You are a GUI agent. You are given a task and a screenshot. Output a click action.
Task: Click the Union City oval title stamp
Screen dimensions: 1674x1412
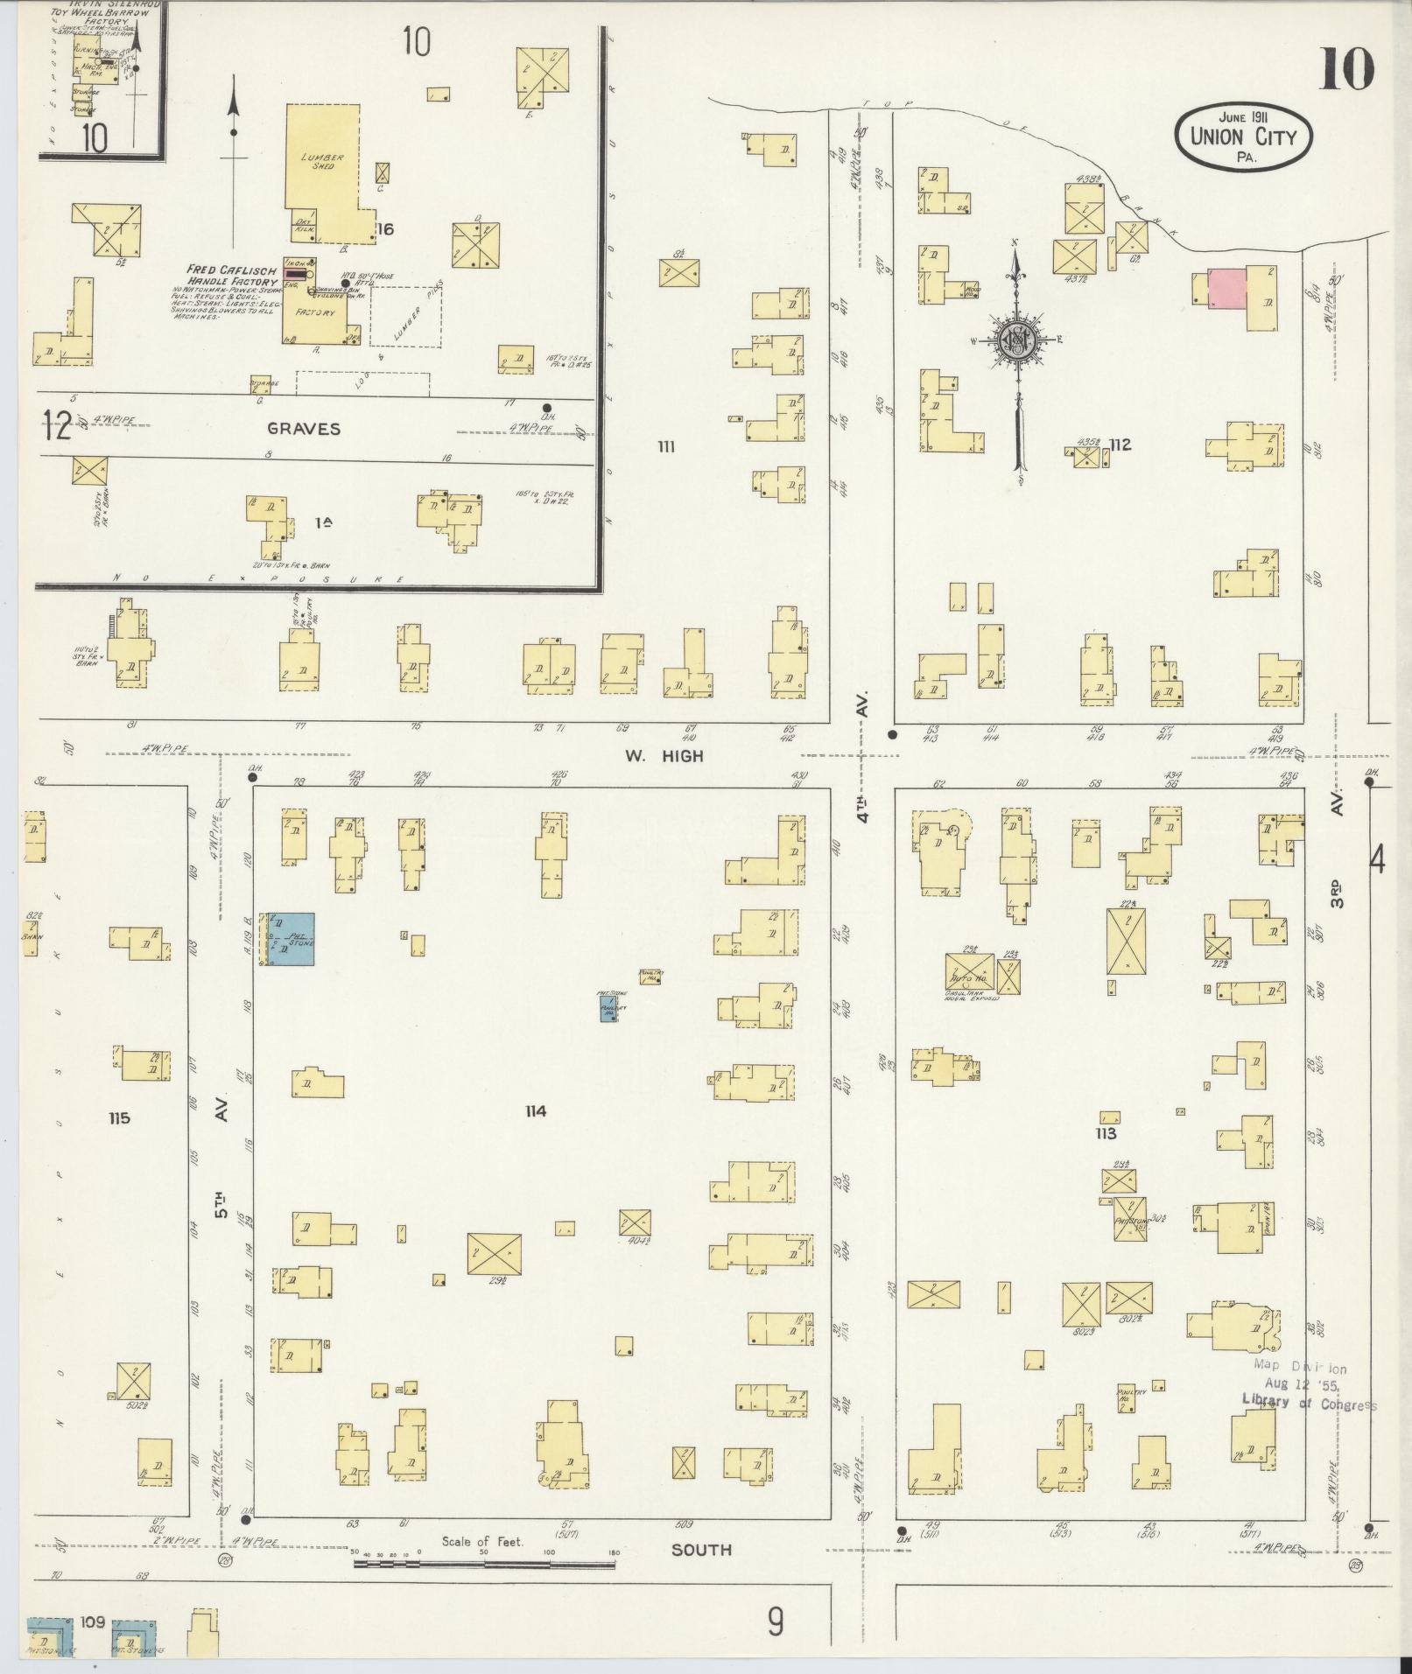[1242, 136]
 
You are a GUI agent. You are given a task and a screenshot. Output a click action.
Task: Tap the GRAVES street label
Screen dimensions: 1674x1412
[304, 429]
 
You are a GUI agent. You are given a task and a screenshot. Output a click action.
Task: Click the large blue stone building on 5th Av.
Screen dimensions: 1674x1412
[291, 939]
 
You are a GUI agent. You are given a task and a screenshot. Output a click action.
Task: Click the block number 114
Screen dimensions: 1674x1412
[536, 1111]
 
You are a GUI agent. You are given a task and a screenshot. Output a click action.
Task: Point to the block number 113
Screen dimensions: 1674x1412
[1106, 1133]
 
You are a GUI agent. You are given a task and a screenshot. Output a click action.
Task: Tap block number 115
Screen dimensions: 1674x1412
[119, 1117]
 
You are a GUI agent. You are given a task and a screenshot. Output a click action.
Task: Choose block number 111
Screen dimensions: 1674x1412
[666, 447]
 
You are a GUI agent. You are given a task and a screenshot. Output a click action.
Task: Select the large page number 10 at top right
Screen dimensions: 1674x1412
[1346, 70]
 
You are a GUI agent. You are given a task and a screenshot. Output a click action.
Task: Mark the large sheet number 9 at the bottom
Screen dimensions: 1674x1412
[776, 1623]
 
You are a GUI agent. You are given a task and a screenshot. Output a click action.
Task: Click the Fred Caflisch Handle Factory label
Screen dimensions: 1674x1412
[232, 274]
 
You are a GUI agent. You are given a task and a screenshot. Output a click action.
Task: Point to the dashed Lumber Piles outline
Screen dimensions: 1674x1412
[405, 316]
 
